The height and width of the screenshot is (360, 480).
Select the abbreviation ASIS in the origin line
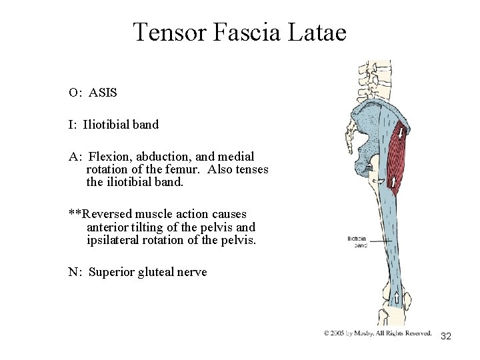tap(103, 93)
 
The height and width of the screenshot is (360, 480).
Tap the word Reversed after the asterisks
tap(107, 214)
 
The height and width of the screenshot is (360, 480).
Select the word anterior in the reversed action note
tap(107, 227)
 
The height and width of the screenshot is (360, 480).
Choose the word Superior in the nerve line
tap(111, 271)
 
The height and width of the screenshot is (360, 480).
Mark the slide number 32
tap(446, 336)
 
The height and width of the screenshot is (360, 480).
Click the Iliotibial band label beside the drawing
tap(357, 241)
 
